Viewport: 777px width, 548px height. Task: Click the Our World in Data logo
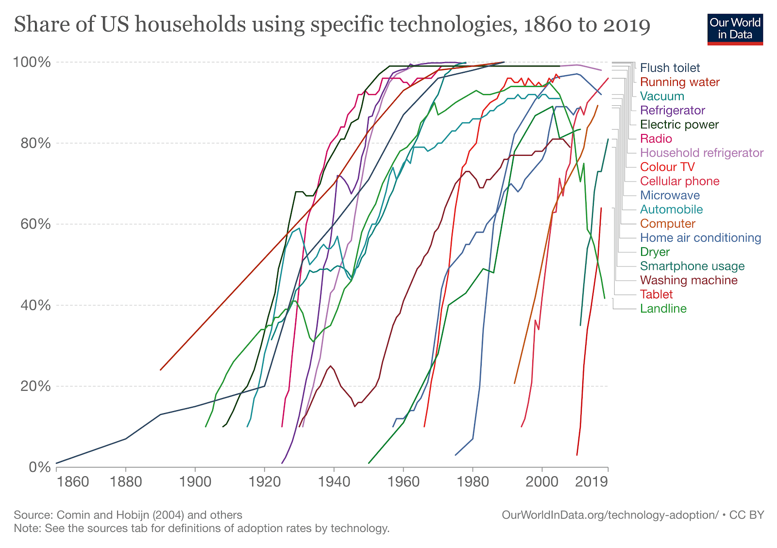point(735,29)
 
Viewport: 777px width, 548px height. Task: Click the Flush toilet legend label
point(670,68)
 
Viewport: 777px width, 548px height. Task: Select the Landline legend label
point(663,309)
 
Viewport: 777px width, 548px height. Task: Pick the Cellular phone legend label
point(679,181)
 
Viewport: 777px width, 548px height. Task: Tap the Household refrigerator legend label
point(701,153)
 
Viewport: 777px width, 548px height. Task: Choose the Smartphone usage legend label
point(692,266)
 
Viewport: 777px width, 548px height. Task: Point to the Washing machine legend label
point(688,280)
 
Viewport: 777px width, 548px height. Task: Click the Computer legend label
point(667,224)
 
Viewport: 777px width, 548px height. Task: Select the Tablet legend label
point(656,294)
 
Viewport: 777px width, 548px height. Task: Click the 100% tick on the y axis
point(32,62)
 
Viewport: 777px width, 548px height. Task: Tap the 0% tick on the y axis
point(39,467)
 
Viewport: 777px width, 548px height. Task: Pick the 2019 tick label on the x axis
point(591,482)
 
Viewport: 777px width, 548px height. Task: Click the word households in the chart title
point(190,24)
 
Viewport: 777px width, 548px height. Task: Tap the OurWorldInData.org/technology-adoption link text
point(609,515)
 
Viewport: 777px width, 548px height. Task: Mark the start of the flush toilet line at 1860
point(57,463)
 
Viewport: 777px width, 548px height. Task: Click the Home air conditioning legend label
point(700,238)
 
